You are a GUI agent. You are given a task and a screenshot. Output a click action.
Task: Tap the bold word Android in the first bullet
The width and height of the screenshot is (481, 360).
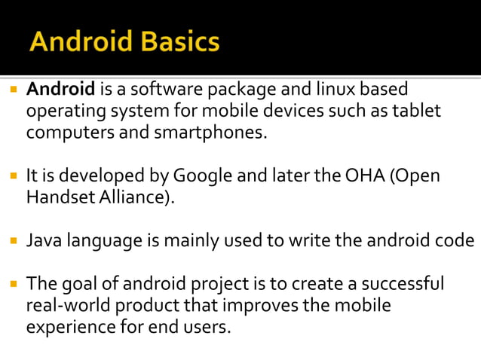(x=60, y=90)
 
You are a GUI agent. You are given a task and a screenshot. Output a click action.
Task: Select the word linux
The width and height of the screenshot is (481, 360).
(x=326, y=90)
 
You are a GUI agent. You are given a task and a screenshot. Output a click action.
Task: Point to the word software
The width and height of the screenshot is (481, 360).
(x=158, y=90)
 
